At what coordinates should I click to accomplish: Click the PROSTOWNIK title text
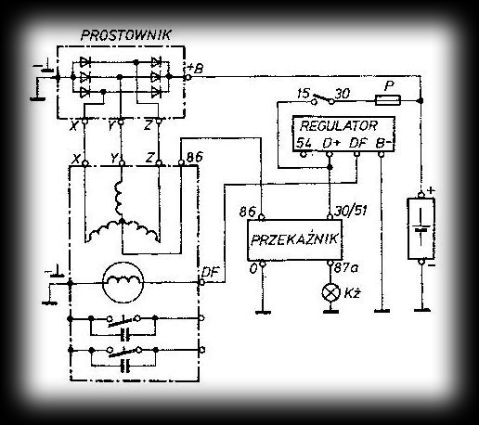point(125,35)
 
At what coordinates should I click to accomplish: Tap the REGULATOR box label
point(339,126)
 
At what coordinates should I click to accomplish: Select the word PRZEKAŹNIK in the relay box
point(294,239)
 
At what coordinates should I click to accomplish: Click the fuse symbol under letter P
point(388,100)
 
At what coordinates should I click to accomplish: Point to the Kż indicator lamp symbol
point(331,292)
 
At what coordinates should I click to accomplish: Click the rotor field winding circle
point(123,282)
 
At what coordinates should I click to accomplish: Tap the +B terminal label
point(196,68)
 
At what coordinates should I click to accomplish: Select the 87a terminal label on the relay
point(346,268)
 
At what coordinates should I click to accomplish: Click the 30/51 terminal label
point(351,211)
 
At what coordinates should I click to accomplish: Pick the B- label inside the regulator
point(383,143)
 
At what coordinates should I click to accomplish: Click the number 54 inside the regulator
point(304,143)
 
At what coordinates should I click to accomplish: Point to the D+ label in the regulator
point(331,143)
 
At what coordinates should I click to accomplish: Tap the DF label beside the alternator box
point(210,272)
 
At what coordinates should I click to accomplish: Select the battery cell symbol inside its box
point(421,227)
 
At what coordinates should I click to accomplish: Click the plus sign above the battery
point(431,190)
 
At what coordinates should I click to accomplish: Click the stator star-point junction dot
point(123,221)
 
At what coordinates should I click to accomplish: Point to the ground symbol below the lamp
point(330,311)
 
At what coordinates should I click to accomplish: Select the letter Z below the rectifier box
point(148,126)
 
